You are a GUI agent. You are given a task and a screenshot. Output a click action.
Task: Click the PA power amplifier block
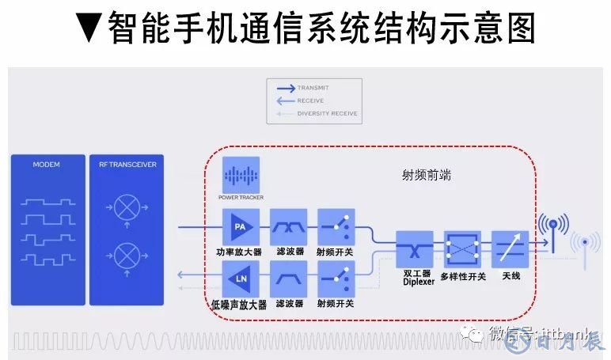coord(240,228)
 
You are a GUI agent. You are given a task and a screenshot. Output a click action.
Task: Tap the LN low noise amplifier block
coord(240,279)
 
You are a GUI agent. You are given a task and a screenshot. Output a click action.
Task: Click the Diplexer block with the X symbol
coord(413,249)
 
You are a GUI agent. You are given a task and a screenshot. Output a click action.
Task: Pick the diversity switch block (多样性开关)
coord(462,249)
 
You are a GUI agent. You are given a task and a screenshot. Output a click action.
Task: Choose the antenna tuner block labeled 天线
coord(510,249)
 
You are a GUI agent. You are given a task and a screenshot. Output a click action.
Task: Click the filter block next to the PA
coord(288,228)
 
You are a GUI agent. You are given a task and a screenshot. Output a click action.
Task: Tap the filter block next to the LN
coord(288,279)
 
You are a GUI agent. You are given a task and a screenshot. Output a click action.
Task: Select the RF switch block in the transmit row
coord(336,228)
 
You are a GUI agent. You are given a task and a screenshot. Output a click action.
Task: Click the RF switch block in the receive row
coord(336,279)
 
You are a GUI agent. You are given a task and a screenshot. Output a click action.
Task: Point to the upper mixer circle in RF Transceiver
coord(126,207)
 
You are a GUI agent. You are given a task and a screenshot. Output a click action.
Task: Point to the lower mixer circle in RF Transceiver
coord(126,256)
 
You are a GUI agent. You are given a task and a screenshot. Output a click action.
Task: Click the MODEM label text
coord(47,165)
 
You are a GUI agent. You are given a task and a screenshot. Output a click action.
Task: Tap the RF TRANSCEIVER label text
coord(127,165)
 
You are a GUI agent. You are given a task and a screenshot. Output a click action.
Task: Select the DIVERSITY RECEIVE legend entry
coord(327,114)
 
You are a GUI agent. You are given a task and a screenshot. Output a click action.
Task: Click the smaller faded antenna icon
coord(586,245)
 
